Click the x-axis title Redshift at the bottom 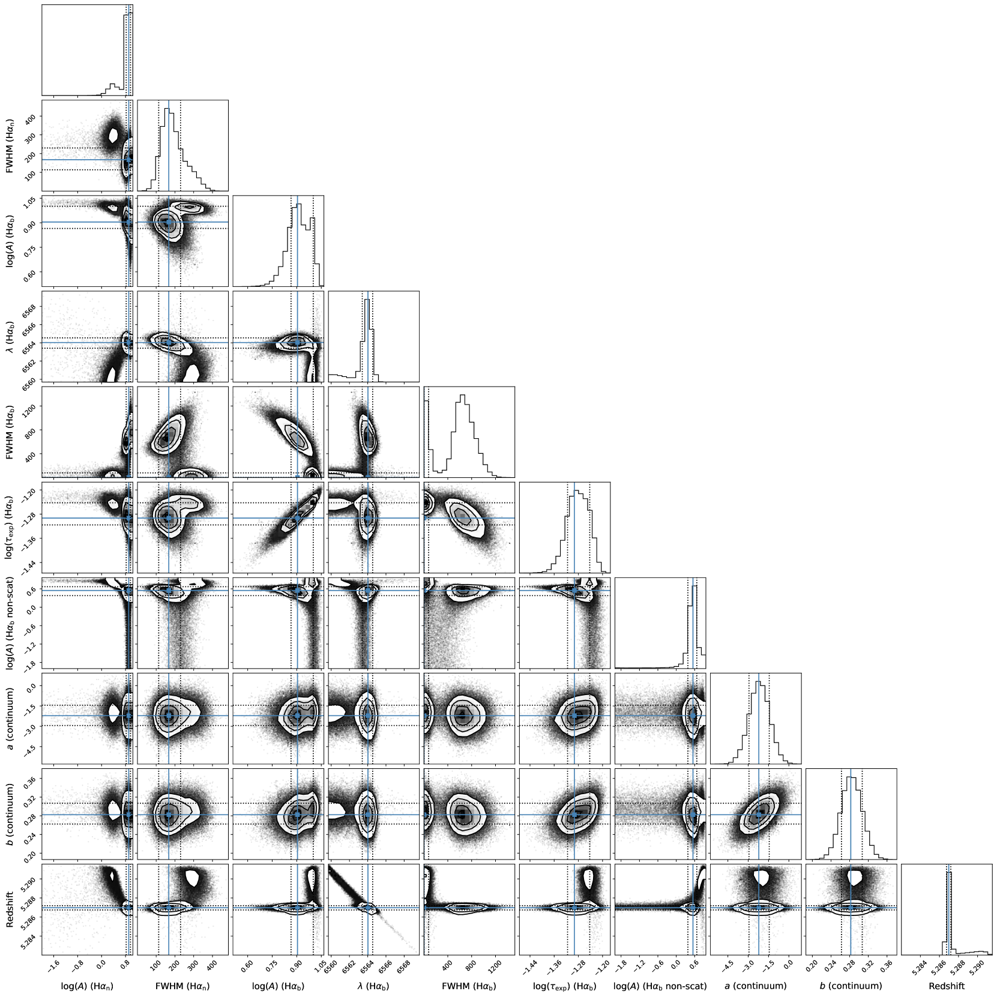coord(947,986)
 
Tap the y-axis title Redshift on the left coord(11,909)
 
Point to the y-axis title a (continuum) coord(11,718)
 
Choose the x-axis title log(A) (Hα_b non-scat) coord(660,986)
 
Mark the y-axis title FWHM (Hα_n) coord(11,145)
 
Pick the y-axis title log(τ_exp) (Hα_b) coord(11,528)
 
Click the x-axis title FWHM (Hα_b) coord(469,986)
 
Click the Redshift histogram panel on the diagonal coord(947,909)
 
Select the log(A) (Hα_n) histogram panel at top coord(87,50)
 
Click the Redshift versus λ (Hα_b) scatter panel coord(373,909)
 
